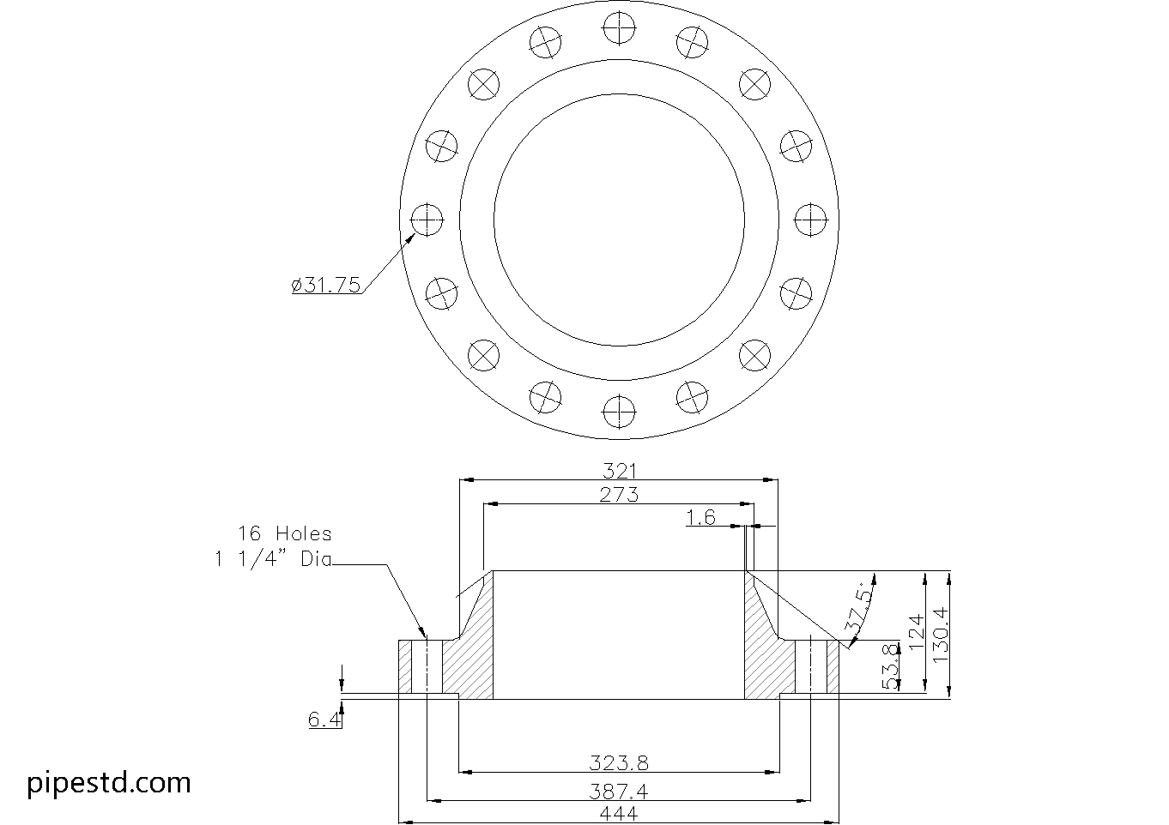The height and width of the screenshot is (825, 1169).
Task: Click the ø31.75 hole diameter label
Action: pos(326,285)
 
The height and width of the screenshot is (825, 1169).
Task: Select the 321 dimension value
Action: pos(620,472)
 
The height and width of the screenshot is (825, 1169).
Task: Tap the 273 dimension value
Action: pos(619,494)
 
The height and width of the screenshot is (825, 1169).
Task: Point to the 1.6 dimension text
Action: pos(701,517)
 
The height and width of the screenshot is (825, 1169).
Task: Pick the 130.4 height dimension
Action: pos(940,634)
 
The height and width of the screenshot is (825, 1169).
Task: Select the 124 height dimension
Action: pos(917,632)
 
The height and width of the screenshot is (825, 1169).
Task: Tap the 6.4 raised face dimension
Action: pos(324,720)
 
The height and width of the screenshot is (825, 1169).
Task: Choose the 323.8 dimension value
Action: pos(619,763)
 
